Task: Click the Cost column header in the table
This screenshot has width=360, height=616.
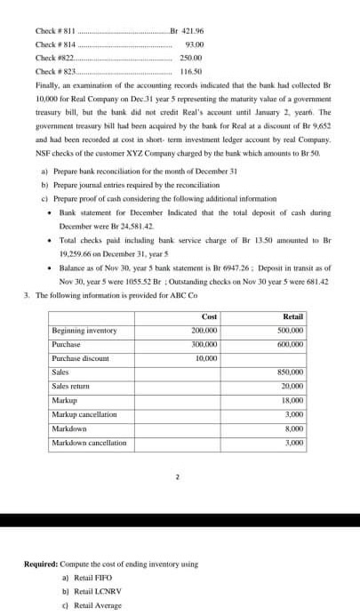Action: [210, 316]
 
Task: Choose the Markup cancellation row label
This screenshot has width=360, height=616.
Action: [84, 414]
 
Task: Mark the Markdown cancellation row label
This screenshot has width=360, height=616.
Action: [89, 442]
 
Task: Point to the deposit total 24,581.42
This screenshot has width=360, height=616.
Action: [114, 227]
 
